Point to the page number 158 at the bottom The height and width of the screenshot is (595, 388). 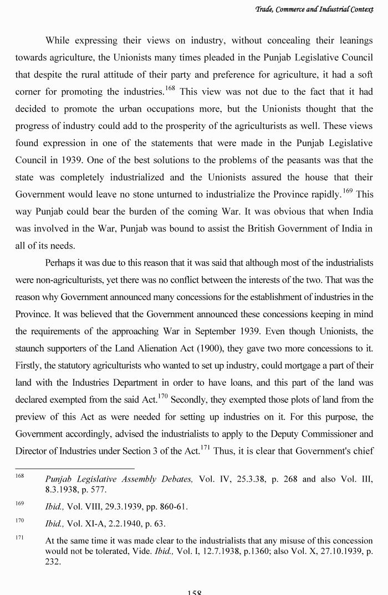[x=194, y=591]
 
